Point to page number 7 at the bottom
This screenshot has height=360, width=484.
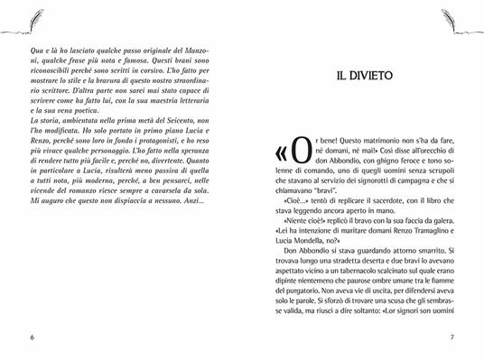coord(475,337)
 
